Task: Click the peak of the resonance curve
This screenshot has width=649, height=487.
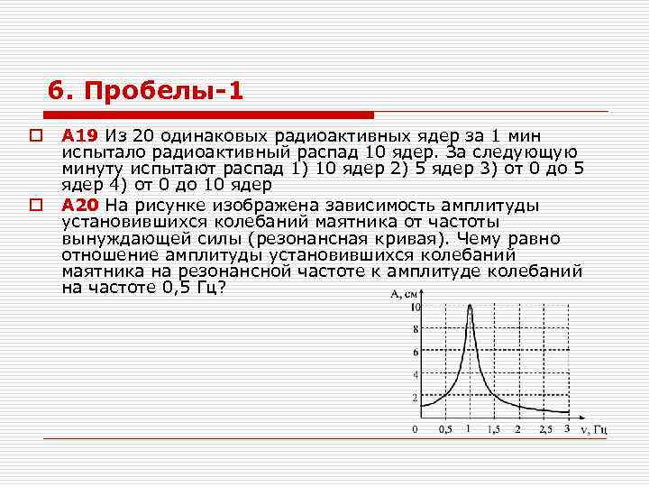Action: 470,306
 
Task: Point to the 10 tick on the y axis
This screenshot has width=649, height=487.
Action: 415,307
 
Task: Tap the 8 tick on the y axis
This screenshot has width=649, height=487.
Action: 415,329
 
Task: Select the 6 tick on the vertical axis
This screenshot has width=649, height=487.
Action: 415,352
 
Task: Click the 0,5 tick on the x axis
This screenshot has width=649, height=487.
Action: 444,429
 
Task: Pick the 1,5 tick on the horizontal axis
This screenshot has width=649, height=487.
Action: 493,429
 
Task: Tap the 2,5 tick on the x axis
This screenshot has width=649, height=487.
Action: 543,429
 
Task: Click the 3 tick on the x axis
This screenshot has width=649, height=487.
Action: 567,429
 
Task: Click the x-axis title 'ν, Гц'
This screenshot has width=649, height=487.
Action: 594,429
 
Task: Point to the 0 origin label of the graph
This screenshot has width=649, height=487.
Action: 415,429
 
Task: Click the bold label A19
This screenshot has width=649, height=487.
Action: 80,136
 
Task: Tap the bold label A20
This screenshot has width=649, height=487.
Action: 80,206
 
